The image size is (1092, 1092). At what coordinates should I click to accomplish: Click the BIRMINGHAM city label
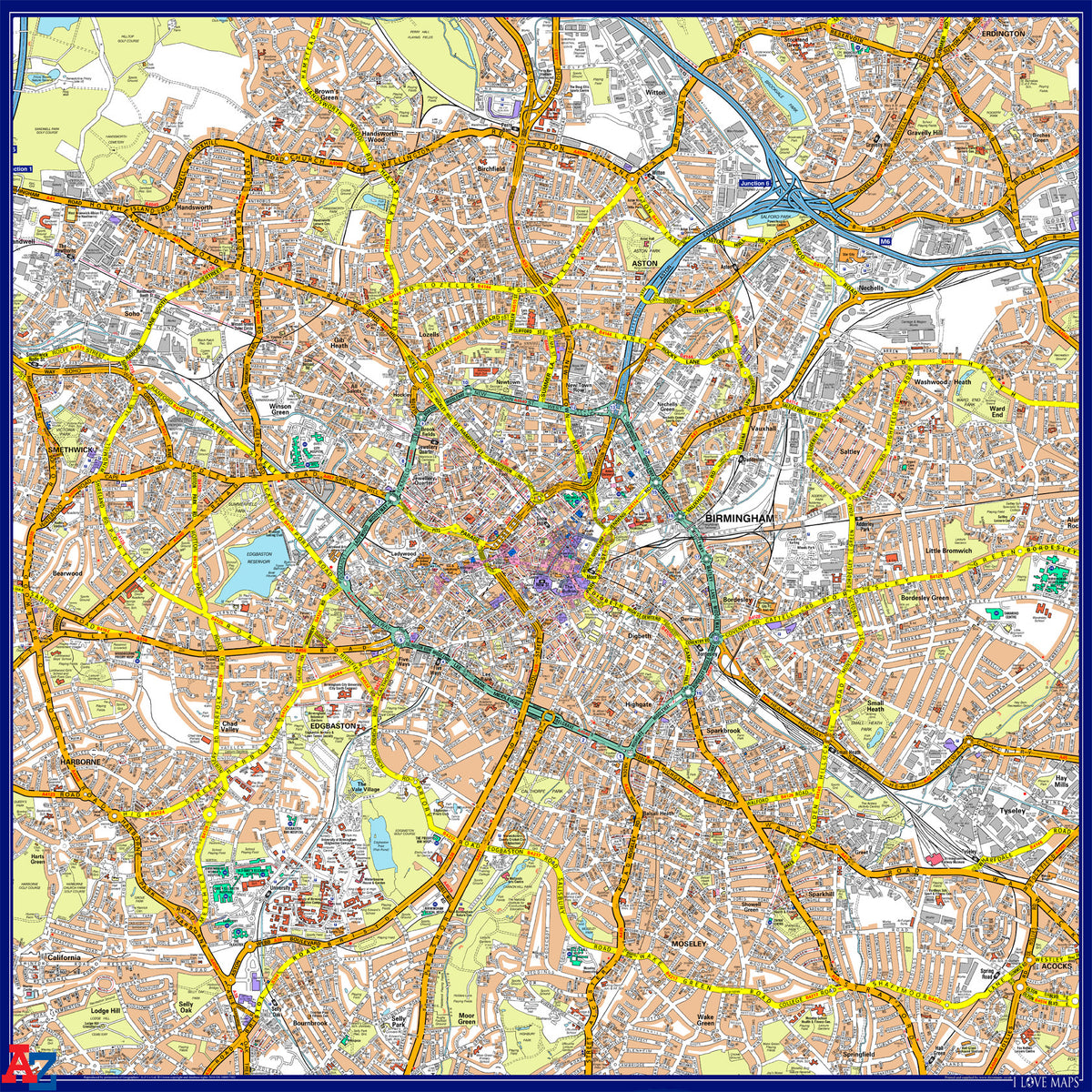(739, 519)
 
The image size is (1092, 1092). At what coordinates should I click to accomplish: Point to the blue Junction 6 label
(754, 184)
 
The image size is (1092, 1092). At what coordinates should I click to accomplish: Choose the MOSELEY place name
(689, 945)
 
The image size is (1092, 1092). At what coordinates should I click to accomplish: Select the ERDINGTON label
(1003, 34)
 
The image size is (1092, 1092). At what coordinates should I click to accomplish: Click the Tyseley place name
(1012, 810)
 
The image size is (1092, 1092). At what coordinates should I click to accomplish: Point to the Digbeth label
(640, 636)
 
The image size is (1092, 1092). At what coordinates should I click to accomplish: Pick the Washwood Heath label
(944, 382)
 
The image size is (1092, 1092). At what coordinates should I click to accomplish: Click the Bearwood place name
(66, 574)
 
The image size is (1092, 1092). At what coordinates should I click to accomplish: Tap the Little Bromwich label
(949, 551)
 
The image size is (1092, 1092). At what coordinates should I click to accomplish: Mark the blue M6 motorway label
(885, 241)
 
